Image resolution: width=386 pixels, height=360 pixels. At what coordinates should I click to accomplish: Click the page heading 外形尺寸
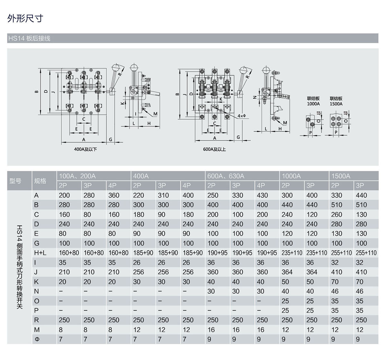click(25, 18)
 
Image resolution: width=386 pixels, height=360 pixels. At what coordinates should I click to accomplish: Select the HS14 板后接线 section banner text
click(29, 38)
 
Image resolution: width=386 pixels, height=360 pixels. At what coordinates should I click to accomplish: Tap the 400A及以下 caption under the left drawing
click(85, 149)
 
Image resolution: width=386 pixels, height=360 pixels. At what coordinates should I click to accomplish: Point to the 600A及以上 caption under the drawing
click(214, 149)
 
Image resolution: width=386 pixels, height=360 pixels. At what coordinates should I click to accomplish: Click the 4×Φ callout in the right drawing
click(242, 116)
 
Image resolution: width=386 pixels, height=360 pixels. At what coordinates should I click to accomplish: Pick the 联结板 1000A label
click(313, 101)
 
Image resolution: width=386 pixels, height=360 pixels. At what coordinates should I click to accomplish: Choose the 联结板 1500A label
click(336, 101)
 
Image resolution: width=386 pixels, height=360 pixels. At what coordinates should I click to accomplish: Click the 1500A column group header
click(341, 176)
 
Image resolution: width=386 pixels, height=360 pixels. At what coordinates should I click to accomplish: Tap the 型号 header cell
click(15, 181)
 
